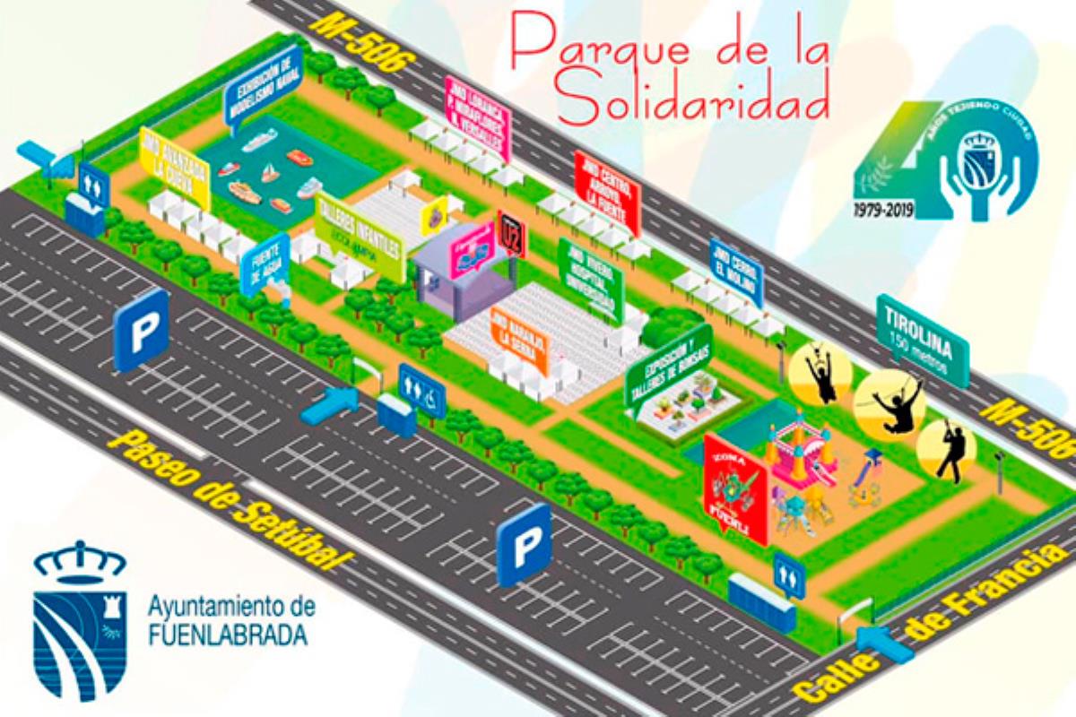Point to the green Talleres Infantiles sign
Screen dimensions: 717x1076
[359, 236]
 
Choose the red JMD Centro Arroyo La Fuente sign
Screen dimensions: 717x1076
[606, 191]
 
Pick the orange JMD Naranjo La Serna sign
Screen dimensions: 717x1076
[519, 341]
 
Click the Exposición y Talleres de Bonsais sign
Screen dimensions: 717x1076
[667, 365]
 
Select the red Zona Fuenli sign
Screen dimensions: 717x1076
[735, 488]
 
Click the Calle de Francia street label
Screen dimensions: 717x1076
[933, 622]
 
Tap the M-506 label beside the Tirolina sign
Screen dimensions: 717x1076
[1026, 428]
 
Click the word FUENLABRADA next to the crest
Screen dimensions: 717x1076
[227, 635]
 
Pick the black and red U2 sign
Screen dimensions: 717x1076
[511, 234]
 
